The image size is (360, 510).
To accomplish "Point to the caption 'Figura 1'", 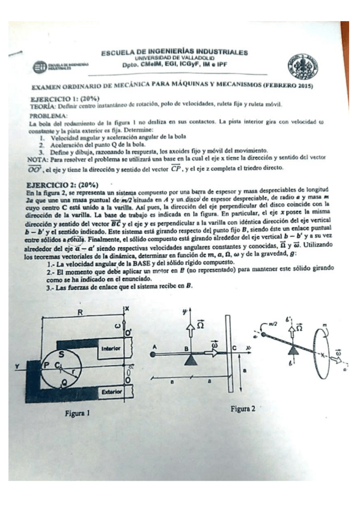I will [78, 413].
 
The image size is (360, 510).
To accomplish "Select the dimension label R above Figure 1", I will [79, 313].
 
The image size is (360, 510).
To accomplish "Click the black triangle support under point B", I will [191, 360].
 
